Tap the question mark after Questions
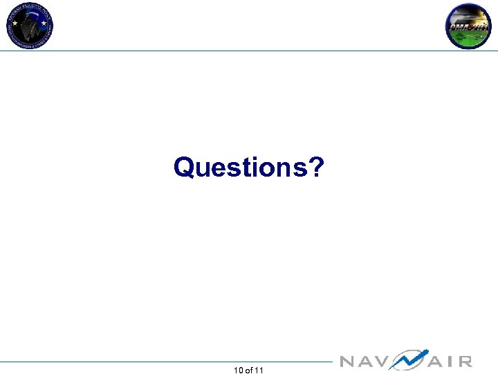click(x=315, y=167)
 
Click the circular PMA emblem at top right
click(x=468, y=26)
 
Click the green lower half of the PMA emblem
click(x=468, y=38)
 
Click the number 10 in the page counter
click(x=239, y=371)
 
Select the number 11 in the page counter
click(x=259, y=371)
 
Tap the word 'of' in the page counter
click(x=249, y=371)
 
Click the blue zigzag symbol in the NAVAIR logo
click(x=408, y=359)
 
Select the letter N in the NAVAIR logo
click(x=347, y=362)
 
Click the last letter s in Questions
click(x=302, y=169)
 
